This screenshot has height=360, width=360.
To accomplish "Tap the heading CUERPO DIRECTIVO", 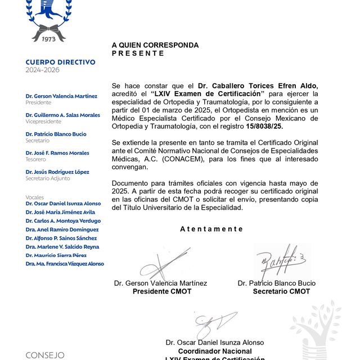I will pyautogui.click(x=61, y=62).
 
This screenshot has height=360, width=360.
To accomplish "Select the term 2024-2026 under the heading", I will pyautogui.click(x=42, y=70).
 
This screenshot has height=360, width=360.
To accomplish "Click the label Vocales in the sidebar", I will pyautogui.click(x=35, y=197).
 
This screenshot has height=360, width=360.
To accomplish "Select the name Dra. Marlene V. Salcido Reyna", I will pyautogui.click(x=62, y=246).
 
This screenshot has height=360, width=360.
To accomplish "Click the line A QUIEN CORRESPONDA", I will pyautogui.click(x=155, y=46).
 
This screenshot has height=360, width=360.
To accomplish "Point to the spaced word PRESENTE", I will pyautogui.click(x=138, y=53).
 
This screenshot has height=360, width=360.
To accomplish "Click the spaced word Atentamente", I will pyautogui.click(x=211, y=229).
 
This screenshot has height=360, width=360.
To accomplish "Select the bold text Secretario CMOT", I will pyautogui.click(x=281, y=291).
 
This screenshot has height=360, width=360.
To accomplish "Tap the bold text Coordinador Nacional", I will pyautogui.click(x=214, y=350).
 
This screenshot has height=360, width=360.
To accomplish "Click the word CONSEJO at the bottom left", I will pyautogui.click(x=45, y=355).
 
